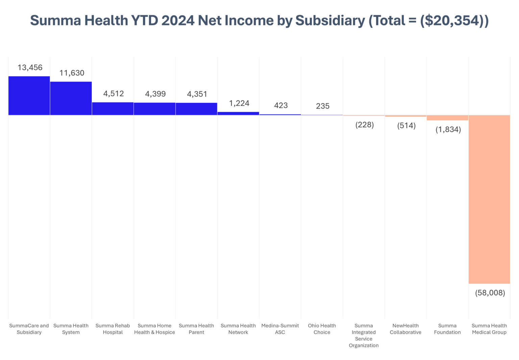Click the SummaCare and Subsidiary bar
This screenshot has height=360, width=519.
click(x=29, y=96)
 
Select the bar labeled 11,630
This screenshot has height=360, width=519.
click(x=71, y=98)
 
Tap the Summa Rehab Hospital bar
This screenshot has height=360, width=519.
click(x=113, y=109)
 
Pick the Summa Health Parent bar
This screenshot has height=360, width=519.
click(x=196, y=109)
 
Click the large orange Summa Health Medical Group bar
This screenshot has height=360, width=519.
click(x=489, y=199)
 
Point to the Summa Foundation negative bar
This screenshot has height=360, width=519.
click(x=447, y=118)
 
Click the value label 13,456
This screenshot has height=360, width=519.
click(x=30, y=68)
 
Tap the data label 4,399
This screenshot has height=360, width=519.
click(x=155, y=94)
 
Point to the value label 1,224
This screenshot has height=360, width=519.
click(x=239, y=103)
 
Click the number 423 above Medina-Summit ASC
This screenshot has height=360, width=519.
click(x=281, y=105)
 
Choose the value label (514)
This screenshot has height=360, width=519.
click(x=406, y=126)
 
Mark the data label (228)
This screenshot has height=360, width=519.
click(x=365, y=125)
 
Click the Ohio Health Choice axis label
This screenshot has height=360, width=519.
click(x=322, y=329)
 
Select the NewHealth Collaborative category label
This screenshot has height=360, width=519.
click(x=405, y=329)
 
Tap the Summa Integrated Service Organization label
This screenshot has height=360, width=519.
click(x=364, y=335)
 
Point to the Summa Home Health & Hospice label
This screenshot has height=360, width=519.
click(x=154, y=329)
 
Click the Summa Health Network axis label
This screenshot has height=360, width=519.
click(x=238, y=329)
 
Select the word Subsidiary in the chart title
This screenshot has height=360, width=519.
click(x=330, y=20)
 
